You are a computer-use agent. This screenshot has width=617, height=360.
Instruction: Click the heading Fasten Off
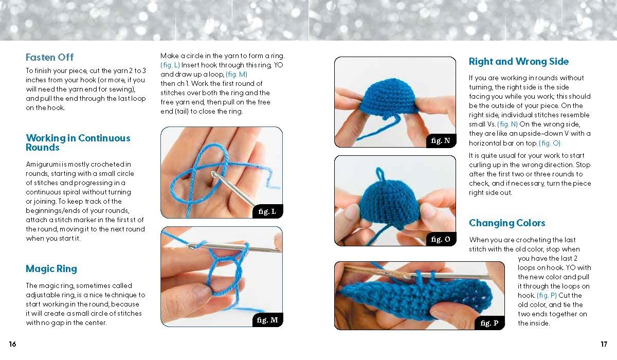tap(49, 57)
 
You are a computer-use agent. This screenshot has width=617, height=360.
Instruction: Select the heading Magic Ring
tap(51, 269)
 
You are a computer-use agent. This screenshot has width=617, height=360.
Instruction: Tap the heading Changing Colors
tap(507, 223)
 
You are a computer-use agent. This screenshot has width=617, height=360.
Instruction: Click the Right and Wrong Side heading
tap(519, 61)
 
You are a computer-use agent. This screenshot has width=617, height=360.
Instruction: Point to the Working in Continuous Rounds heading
tap(78, 142)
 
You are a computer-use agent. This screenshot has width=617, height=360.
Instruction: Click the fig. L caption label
tap(267, 211)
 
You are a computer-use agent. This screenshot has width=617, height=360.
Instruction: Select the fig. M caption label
tap(267, 320)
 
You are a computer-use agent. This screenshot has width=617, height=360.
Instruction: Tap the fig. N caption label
tap(441, 140)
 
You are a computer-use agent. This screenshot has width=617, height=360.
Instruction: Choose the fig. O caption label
tap(441, 239)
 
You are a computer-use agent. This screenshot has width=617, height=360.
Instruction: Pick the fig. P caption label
tap(489, 323)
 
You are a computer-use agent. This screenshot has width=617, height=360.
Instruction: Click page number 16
tap(12, 344)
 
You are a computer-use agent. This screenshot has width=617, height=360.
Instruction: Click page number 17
tap(604, 344)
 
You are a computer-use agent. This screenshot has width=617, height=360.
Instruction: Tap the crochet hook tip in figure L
tap(213, 173)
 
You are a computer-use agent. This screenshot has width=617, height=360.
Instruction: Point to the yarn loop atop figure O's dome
tap(379, 174)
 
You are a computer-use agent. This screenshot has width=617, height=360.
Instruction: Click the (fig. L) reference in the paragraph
tap(170, 65)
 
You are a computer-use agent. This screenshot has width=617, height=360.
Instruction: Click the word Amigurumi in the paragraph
tap(43, 165)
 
